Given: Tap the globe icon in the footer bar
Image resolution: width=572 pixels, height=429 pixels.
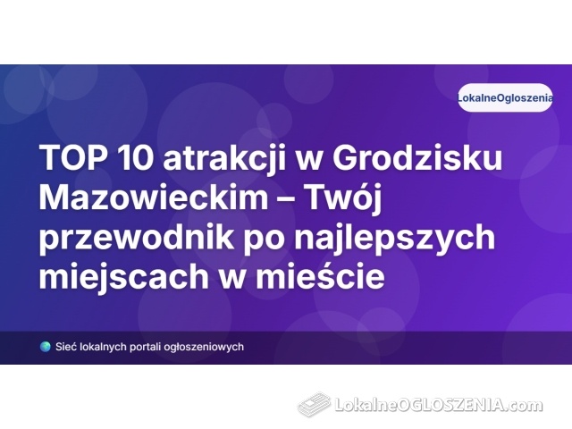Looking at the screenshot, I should pos(46,347).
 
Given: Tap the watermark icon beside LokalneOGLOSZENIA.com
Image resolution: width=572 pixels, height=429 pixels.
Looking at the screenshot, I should pos(314,404).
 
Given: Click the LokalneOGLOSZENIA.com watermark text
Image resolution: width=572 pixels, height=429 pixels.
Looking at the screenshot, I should pos(438,405).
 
